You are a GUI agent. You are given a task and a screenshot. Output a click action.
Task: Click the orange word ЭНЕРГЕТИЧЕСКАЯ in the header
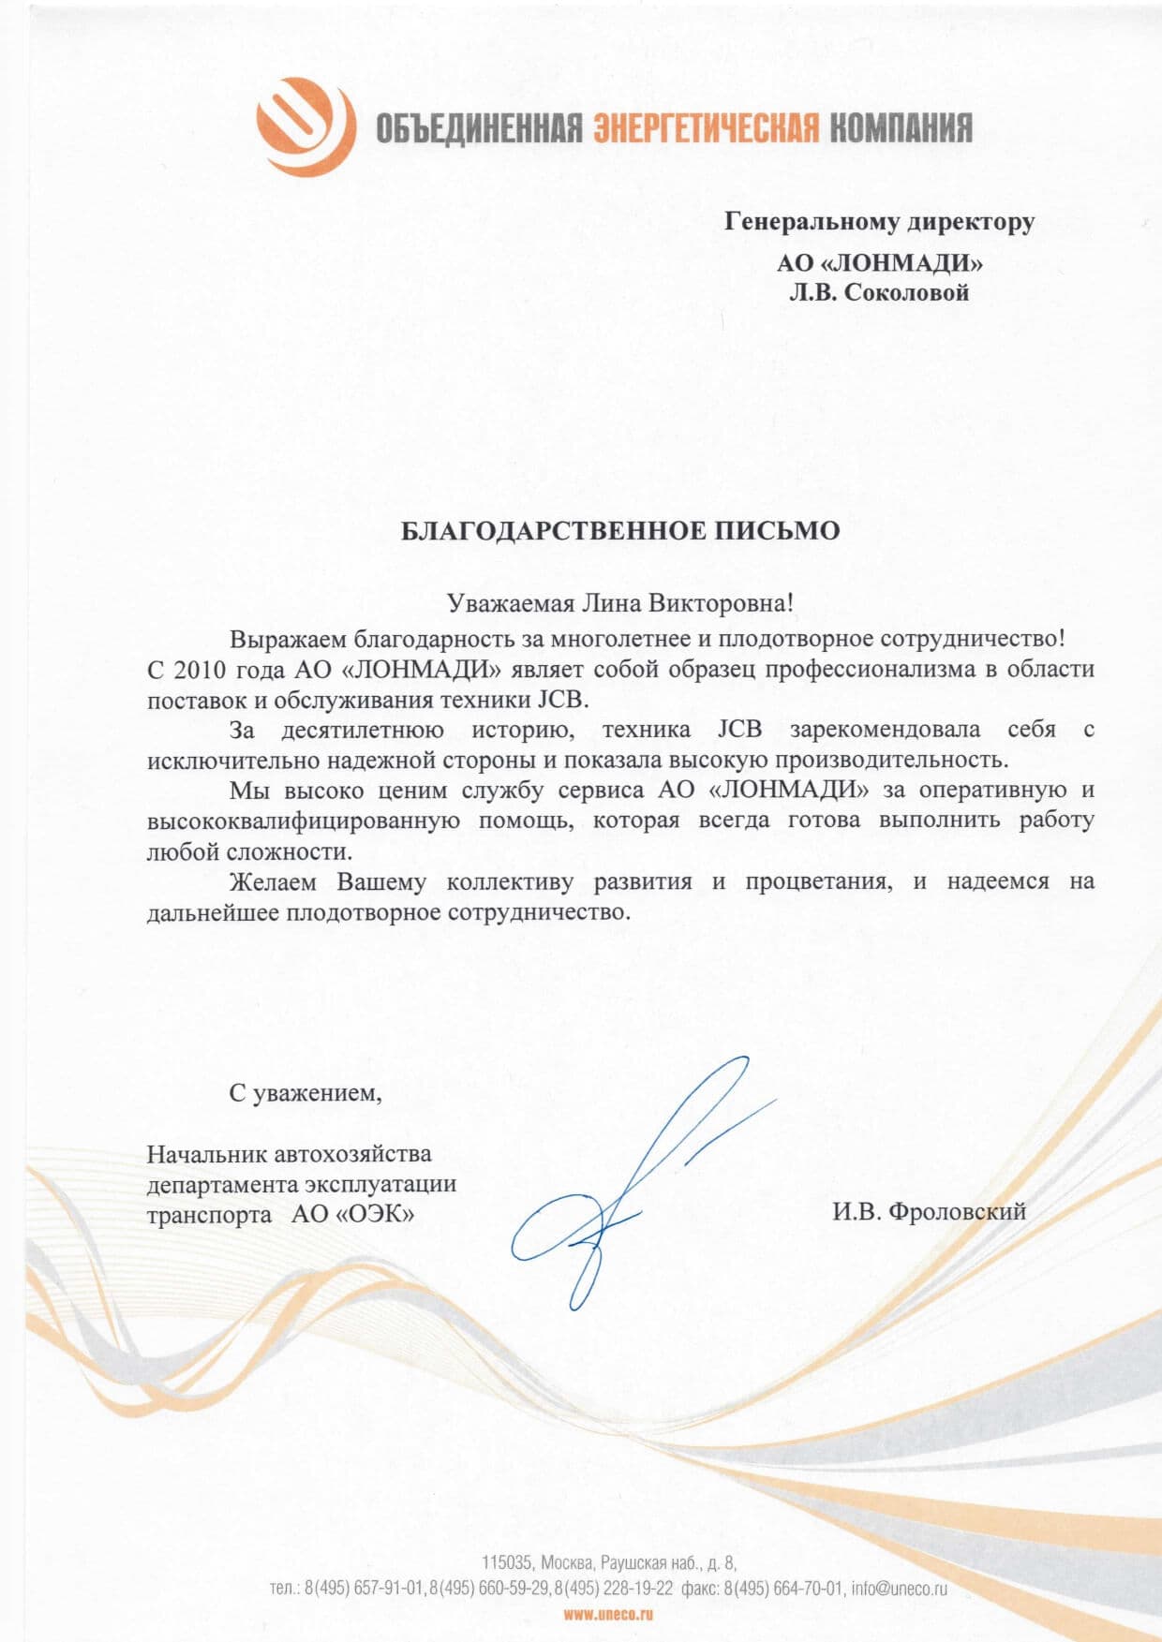coord(707,128)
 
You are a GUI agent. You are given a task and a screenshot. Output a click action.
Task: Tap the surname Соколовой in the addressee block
coord(906,293)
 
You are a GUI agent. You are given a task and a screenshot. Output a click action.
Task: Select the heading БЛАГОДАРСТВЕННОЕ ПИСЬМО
coord(620,531)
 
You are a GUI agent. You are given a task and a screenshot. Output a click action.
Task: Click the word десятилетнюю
coord(363,730)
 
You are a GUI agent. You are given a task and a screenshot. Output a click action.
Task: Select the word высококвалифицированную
coord(303,821)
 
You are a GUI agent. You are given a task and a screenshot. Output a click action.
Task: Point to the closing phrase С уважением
coord(305,1092)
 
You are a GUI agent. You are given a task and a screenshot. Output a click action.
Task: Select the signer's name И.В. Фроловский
coord(929,1211)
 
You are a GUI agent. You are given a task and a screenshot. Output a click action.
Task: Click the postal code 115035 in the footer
coord(507,1562)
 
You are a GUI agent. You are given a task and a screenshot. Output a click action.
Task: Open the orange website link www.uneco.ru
coord(608,1614)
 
